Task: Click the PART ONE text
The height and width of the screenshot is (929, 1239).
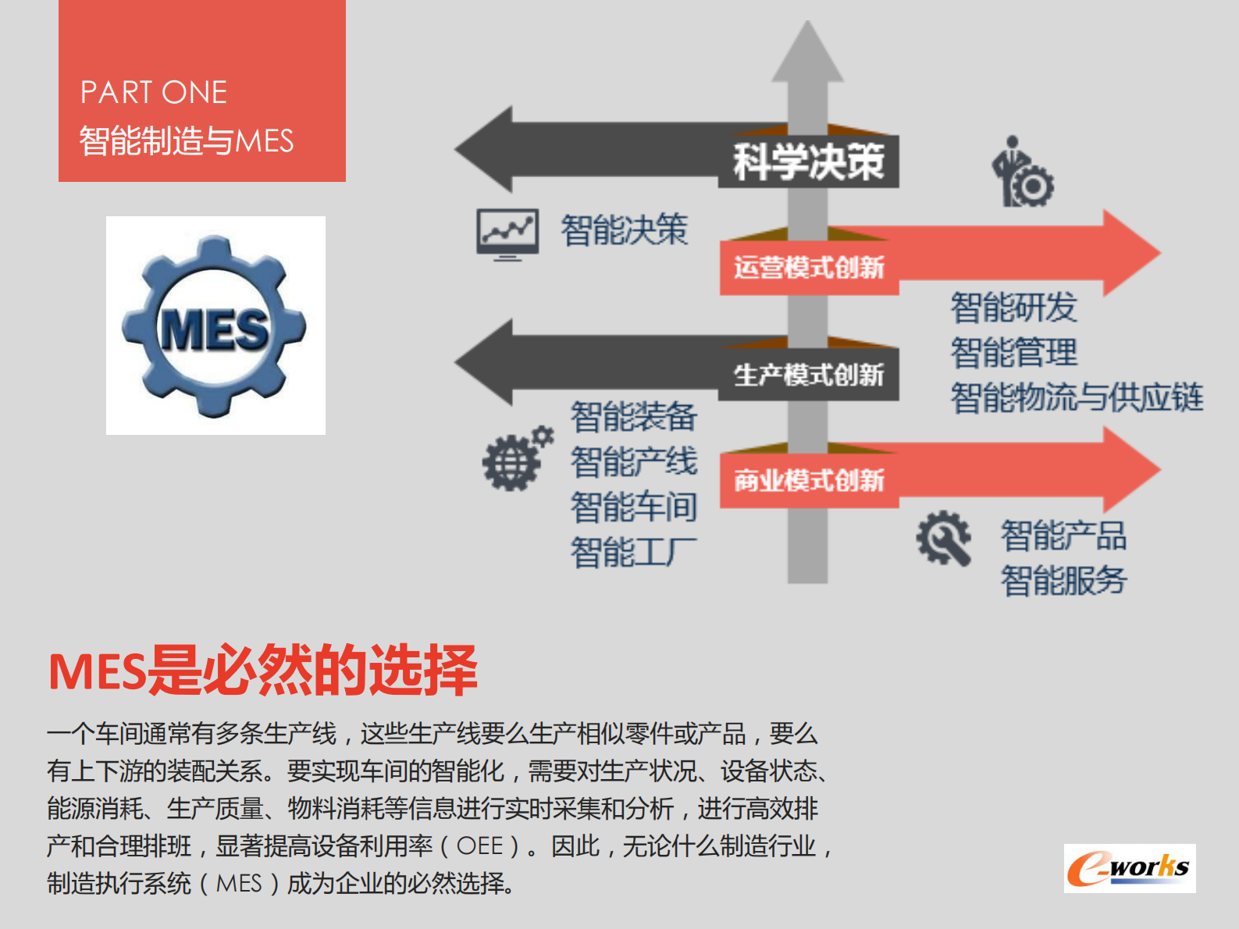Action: [x=154, y=93]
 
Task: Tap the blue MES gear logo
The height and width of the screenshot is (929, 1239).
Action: [x=215, y=327]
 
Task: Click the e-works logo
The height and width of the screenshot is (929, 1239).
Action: [x=1129, y=868]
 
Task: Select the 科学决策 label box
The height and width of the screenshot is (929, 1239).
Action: [x=808, y=162]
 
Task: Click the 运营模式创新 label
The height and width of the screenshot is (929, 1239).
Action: [x=808, y=268]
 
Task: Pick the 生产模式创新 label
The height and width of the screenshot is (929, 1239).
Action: [x=808, y=376]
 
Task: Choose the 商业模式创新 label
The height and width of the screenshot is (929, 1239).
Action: [x=808, y=481]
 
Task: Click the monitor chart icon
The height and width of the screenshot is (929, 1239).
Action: [x=507, y=233]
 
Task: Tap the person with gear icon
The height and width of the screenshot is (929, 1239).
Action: [x=1023, y=173]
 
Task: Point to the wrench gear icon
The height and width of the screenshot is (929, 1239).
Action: [x=944, y=538]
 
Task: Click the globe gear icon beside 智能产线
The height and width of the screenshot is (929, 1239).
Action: [x=516, y=460]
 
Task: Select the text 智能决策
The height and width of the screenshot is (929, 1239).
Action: [x=624, y=230]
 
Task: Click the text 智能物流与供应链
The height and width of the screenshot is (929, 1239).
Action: [x=1077, y=397]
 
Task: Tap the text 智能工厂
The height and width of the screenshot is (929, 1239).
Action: [x=633, y=553]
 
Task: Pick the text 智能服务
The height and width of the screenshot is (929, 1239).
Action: [x=1063, y=581]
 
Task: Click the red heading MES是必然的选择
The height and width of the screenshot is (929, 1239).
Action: [x=262, y=670]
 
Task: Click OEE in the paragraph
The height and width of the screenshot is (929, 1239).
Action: [x=479, y=846]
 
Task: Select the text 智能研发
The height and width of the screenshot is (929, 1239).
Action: [x=1013, y=307]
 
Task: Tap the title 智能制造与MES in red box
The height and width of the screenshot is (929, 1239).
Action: [x=186, y=141]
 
